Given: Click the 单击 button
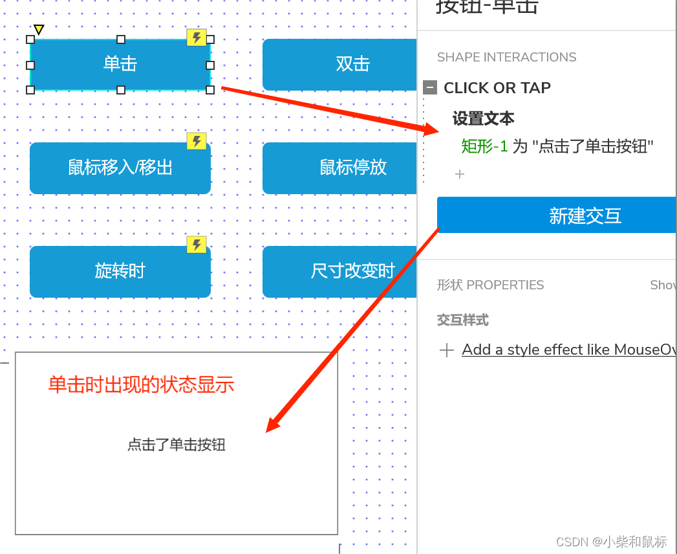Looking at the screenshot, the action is coord(120,64).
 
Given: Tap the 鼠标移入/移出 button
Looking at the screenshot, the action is coord(120,168).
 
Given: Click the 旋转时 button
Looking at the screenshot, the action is coord(120,271).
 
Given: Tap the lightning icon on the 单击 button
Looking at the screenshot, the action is coord(197,38).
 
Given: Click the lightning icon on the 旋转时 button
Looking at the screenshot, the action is coord(197,245).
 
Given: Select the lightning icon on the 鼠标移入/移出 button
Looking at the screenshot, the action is coord(197,141).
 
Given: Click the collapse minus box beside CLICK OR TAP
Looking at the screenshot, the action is coord(430,87).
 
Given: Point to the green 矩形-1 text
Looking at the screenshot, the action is coord(484,146).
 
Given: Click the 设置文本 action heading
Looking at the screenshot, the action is coord(483,118).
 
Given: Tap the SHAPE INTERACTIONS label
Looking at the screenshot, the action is coord(506,57).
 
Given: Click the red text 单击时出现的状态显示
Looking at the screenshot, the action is coord(141,385).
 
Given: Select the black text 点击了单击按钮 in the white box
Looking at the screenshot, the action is coord(176,445).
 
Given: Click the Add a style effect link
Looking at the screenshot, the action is coord(568,350).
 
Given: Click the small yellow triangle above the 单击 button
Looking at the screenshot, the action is coord(39,29).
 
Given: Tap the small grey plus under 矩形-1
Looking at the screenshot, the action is coord(460,174).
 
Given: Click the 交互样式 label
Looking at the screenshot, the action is coord(462,320).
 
